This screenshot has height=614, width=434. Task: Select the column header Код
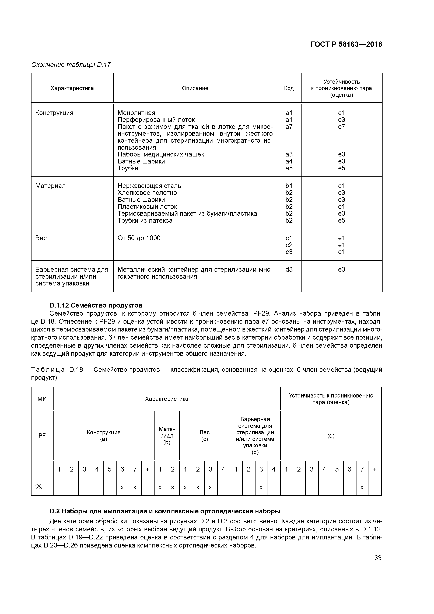point(289,88)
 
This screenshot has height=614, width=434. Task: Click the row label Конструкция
point(54,113)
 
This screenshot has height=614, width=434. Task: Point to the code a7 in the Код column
point(289,127)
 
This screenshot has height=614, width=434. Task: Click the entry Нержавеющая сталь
point(149,186)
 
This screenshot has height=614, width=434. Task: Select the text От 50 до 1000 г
point(141,238)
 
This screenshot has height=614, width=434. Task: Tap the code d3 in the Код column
point(289,270)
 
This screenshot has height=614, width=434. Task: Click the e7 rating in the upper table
point(341,127)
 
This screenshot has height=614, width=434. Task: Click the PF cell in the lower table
point(42,436)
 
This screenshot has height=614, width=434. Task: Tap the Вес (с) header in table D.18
point(205,436)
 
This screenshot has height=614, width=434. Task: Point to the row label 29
point(39,487)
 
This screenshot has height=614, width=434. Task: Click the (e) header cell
point(331,436)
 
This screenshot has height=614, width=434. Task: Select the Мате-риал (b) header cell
point(167,436)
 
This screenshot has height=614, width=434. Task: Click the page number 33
point(378,558)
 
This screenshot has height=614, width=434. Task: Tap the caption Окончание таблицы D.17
point(71,65)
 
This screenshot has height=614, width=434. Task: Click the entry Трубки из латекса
point(145,221)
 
